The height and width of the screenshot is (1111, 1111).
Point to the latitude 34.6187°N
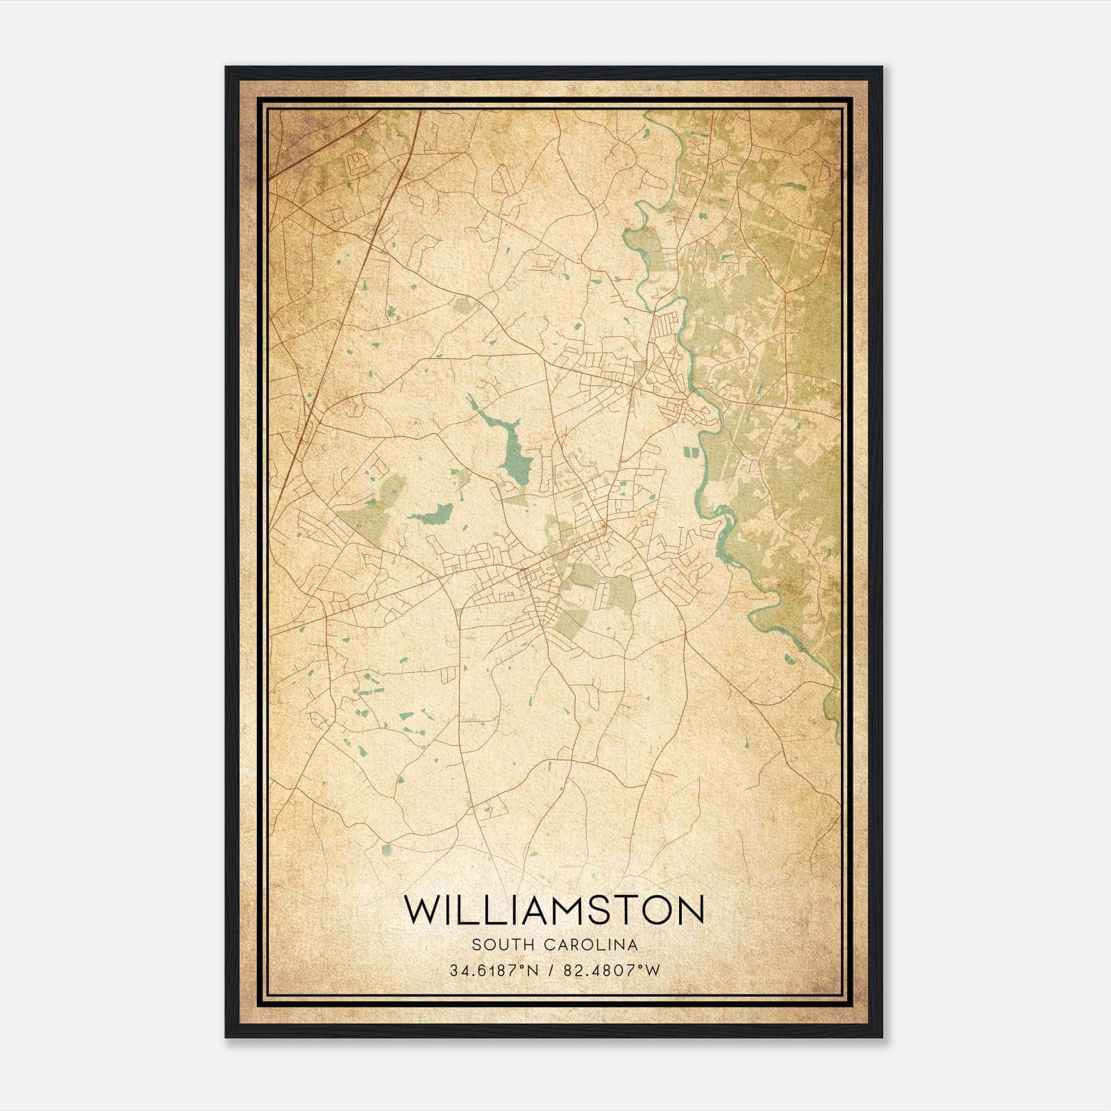494,971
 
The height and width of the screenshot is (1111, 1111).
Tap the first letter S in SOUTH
476,944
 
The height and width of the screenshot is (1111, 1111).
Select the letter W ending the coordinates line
653,971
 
